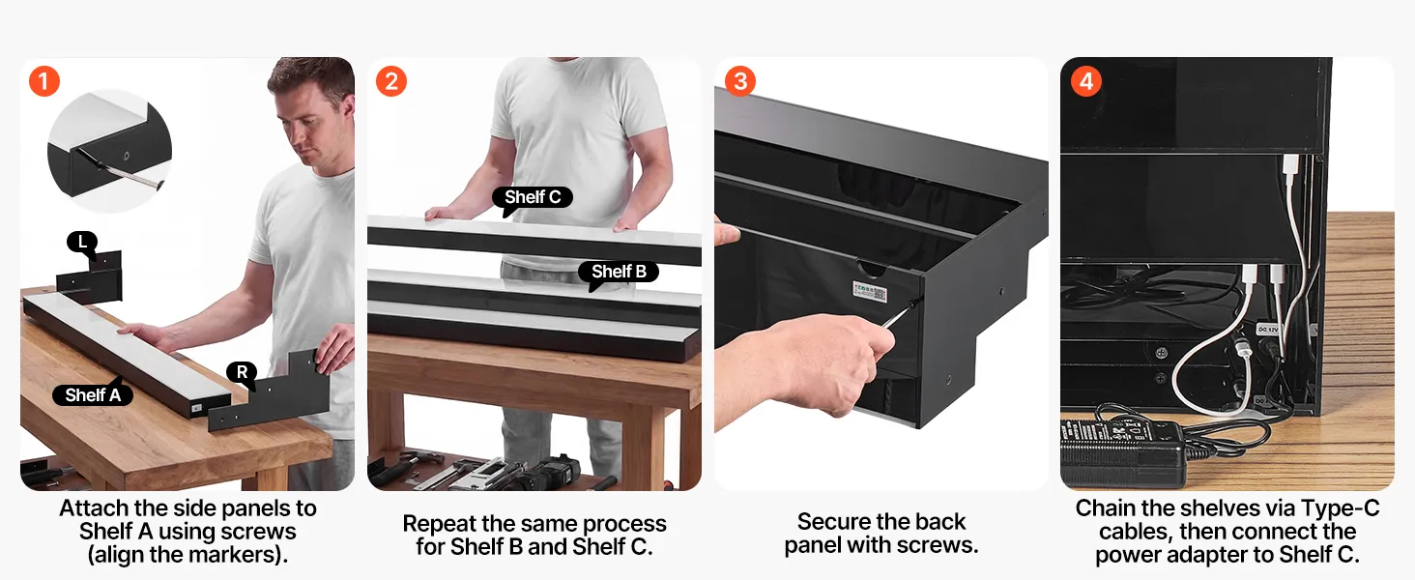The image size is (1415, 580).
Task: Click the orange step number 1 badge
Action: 44,81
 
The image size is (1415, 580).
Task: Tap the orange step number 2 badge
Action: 391,81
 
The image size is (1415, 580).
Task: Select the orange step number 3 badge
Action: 739,81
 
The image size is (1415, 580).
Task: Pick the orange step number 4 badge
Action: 1085,81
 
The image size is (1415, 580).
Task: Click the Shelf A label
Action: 93,394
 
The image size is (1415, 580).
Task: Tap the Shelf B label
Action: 619,272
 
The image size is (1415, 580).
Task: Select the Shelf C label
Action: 533,197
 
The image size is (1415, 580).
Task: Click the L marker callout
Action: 82,242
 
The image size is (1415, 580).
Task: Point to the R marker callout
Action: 242,372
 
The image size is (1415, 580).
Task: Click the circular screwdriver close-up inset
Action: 109,151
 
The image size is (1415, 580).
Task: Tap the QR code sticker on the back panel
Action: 870,291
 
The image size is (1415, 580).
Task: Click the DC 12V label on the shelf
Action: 1267,330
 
